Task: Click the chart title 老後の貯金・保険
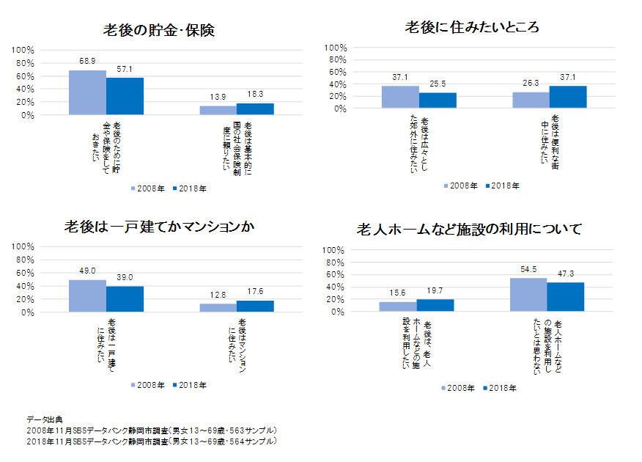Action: (x=158, y=31)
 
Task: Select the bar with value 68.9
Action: (x=87, y=92)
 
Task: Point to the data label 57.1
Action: (x=125, y=69)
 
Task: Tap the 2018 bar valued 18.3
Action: (x=255, y=109)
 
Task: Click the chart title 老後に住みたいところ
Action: (x=472, y=27)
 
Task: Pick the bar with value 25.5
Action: (x=438, y=100)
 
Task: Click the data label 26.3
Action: (x=531, y=83)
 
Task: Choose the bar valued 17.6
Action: (x=255, y=307)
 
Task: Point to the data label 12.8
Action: (x=218, y=295)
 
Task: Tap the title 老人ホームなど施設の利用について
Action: (x=469, y=230)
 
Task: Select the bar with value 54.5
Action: (x=528, y=295)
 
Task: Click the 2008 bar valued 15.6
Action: (x=397, y=307)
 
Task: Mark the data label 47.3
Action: (x=566, y=274)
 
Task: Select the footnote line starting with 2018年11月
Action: (x=151, y=441)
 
